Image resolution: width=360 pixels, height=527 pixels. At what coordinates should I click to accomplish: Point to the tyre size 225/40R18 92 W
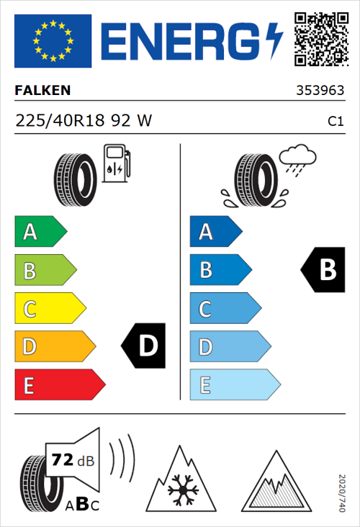(84, 122)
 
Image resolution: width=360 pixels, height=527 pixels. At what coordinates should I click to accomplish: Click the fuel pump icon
(115, 163)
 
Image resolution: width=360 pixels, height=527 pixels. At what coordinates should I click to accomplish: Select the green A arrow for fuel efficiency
(40, 232)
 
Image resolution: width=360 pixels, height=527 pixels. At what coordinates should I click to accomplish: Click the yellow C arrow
(49, 310)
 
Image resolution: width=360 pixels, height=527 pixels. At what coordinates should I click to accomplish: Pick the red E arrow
(59, 385)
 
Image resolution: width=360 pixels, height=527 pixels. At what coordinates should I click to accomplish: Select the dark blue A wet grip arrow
(215, 232)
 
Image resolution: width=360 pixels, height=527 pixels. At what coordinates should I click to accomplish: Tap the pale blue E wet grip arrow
(234, 385)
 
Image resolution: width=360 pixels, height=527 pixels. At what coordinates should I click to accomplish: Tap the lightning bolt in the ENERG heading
(275, 40)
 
